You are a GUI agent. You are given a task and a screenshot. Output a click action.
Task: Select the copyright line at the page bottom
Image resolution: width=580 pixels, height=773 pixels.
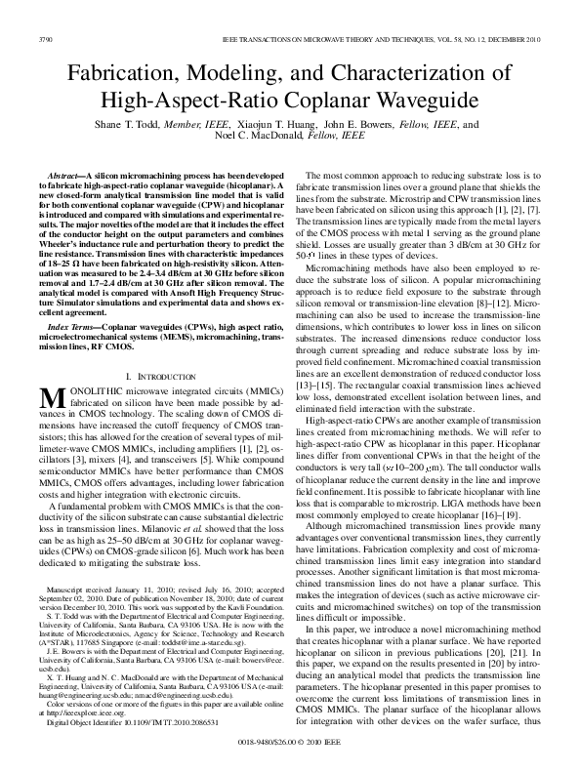click(290, 743)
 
